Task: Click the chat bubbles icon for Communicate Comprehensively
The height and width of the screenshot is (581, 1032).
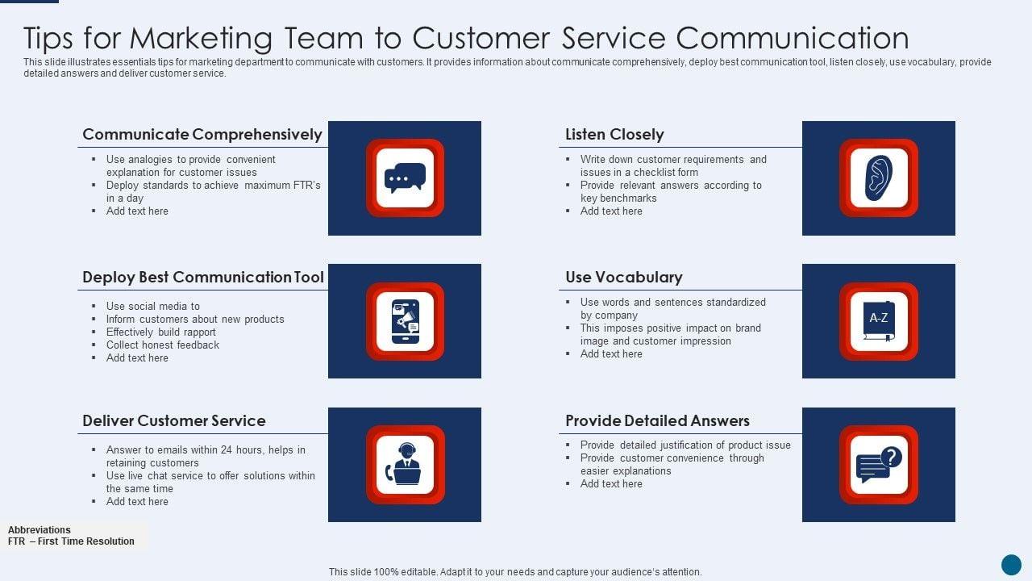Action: (405, 178)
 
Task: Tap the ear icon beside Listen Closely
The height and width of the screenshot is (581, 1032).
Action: (878, 178)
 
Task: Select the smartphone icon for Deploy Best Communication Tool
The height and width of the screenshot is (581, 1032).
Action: (405, 321)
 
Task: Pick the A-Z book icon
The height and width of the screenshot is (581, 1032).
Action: (878, 320)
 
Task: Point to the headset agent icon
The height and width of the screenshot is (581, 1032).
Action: (405, 464)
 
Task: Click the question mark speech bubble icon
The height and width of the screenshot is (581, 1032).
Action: (878, 464)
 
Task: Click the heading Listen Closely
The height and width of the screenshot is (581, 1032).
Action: (614, 135)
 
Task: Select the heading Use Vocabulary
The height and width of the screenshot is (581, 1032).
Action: (623, 278)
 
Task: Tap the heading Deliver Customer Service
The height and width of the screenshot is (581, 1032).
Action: (173, 420)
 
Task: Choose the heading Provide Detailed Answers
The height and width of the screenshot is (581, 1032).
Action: (657, 420)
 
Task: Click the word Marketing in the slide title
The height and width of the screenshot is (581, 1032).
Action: (202, 38)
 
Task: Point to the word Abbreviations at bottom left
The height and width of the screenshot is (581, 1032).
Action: (40, 530)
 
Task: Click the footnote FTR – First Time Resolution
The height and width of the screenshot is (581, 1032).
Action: (71, 541)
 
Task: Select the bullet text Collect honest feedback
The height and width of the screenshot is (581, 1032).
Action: (162, 345)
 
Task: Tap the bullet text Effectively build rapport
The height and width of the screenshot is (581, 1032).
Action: (160, 332)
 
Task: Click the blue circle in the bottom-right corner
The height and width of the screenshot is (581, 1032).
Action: (1011, 564)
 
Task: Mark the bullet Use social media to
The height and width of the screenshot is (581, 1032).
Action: (152, 306)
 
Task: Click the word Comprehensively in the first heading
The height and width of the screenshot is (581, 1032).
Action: (257, 135)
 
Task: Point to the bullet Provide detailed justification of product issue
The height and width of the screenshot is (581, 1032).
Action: (685, 445)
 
